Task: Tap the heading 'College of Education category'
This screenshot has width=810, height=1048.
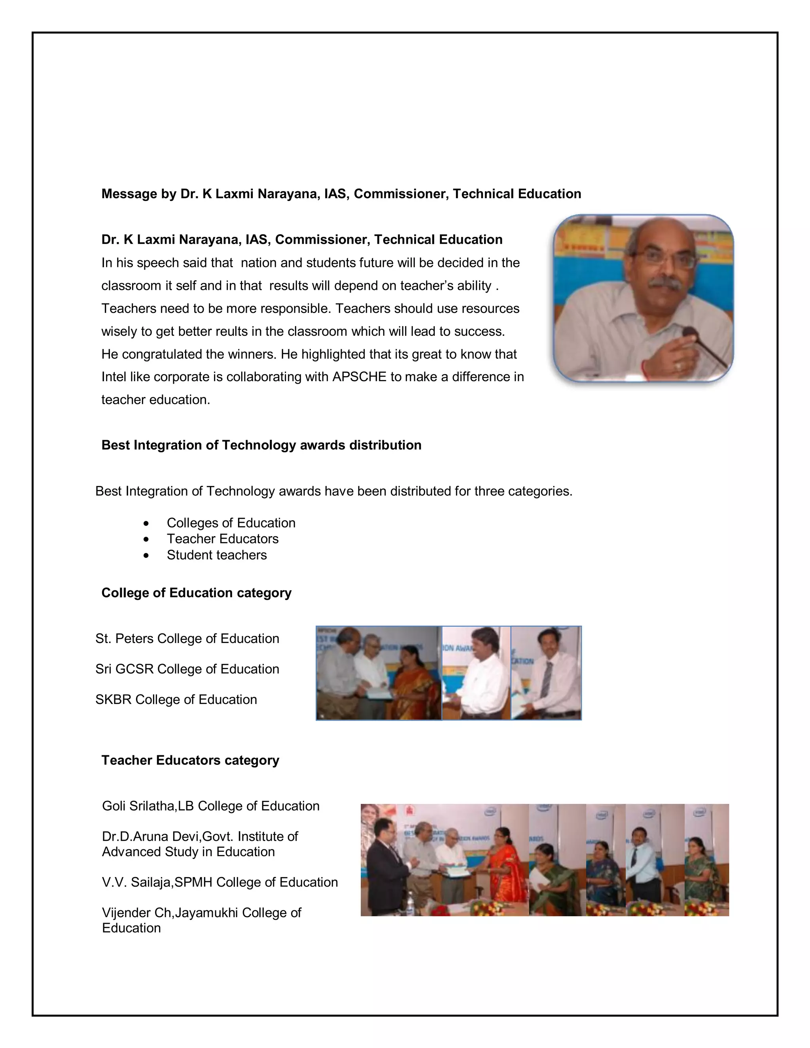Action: [196, 593]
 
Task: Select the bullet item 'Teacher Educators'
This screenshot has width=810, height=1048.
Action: [222, 539]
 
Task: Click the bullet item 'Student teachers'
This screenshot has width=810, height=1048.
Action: [216, 555]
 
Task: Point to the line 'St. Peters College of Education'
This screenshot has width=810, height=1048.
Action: [187, 639]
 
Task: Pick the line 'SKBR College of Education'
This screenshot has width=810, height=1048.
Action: [176, 700]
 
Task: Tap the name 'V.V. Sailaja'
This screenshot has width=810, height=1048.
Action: [136, 882]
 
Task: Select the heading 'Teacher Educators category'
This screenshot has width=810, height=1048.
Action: [190, 760]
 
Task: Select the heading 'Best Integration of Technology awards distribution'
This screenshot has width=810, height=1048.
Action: [261, 445]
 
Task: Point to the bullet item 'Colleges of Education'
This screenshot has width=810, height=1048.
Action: [231, 523]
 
